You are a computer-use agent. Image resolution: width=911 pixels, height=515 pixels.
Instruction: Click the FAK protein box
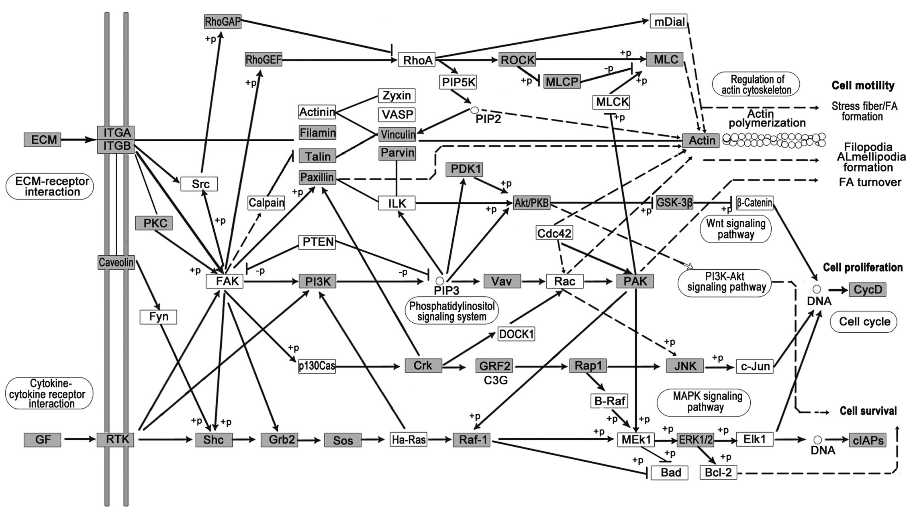225,281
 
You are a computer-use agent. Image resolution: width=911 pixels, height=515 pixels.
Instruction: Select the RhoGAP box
223,22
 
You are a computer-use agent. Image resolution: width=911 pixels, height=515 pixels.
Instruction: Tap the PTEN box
317,242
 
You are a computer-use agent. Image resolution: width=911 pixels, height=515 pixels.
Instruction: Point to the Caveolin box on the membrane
116,263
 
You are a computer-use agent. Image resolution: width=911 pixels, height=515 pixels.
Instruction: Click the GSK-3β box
674,203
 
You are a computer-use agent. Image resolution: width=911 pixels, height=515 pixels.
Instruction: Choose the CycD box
868,289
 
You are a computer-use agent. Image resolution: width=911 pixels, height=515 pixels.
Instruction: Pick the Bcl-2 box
718,472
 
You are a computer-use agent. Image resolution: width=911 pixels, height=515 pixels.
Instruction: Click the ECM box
43,140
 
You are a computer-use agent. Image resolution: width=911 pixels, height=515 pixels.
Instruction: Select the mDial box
669,21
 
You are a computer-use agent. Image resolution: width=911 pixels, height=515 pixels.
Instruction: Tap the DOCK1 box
517,334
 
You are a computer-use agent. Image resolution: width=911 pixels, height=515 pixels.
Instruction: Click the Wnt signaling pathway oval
736,229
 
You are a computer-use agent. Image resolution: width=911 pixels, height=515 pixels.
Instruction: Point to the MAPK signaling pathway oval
704,402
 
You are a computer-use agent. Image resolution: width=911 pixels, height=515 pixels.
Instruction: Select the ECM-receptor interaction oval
50,187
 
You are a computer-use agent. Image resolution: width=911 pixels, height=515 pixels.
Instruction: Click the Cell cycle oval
864,322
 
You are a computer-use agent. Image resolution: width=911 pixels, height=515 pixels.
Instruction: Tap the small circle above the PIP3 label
440,281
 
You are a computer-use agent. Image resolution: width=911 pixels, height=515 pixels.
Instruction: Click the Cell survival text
868,411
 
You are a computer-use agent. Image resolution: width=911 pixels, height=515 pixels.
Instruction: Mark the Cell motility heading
863,85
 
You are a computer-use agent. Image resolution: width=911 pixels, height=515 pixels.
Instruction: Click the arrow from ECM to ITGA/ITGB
79,140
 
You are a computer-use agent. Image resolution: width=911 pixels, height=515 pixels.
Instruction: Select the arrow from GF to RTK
79,440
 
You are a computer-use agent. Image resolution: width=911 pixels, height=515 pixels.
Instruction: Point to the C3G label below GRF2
496,379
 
